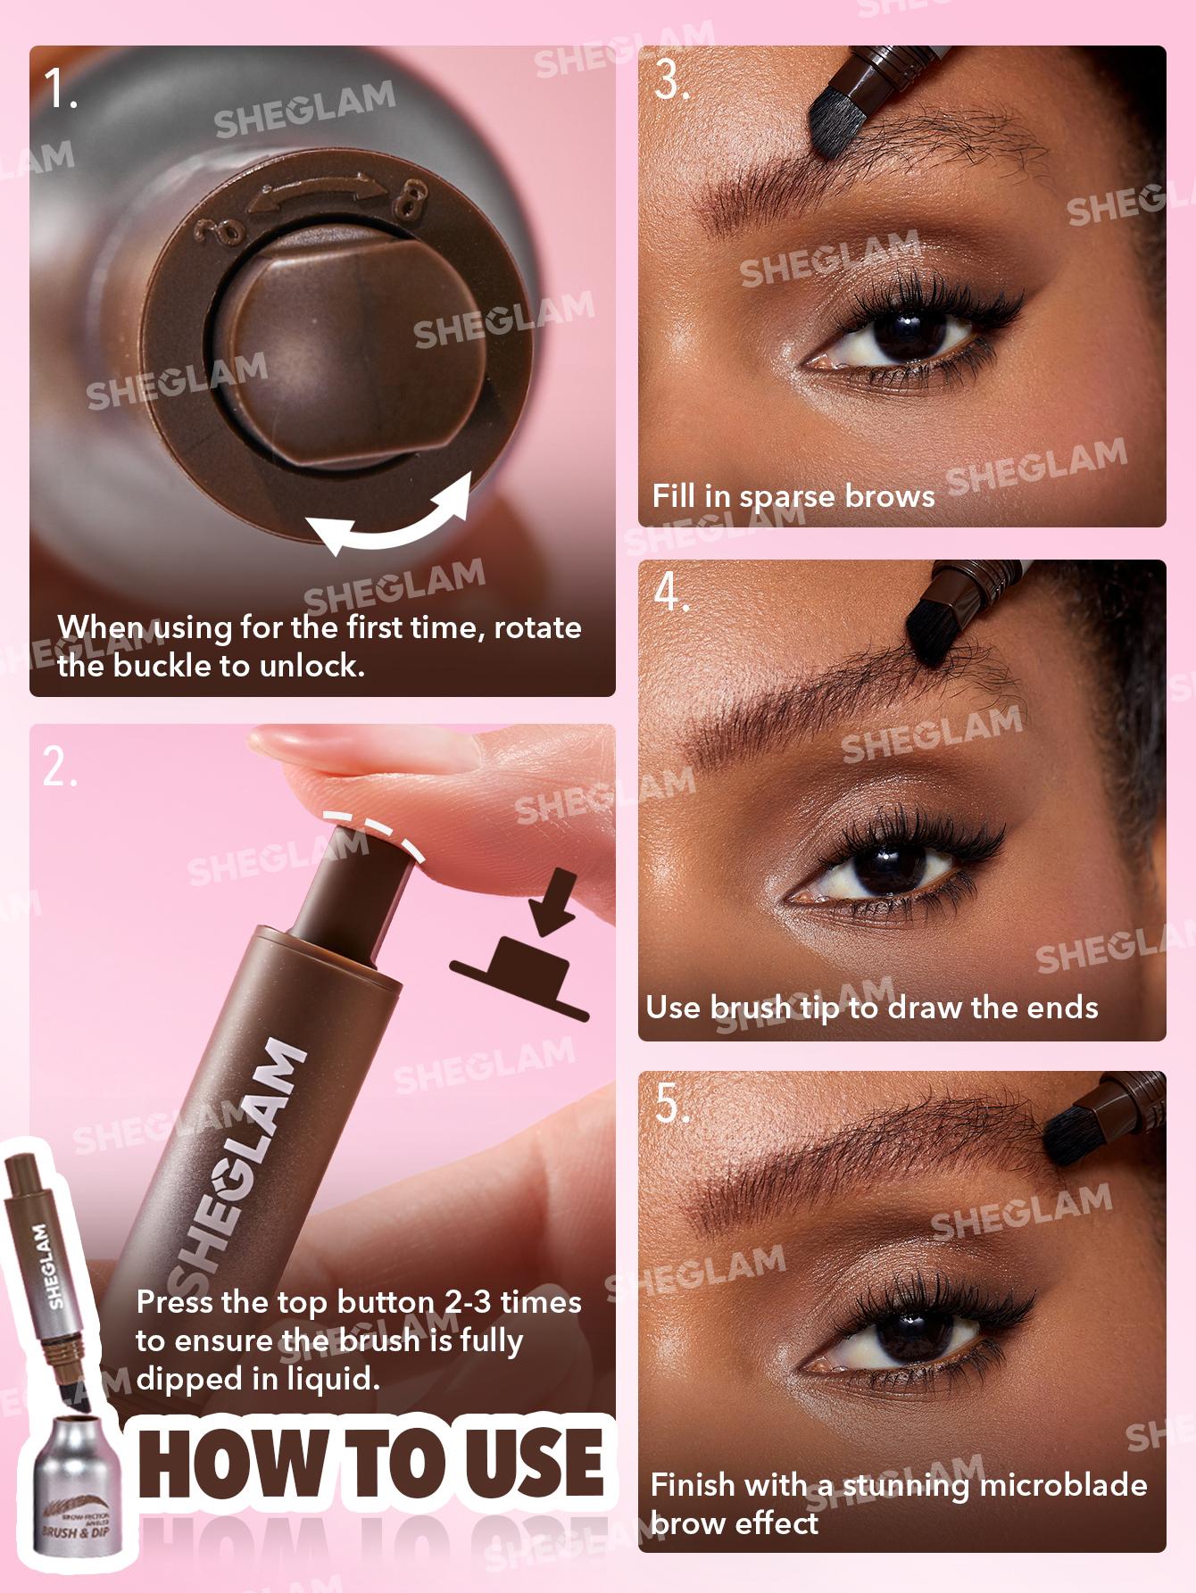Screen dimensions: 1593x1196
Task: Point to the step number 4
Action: [x=671, y=592]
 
